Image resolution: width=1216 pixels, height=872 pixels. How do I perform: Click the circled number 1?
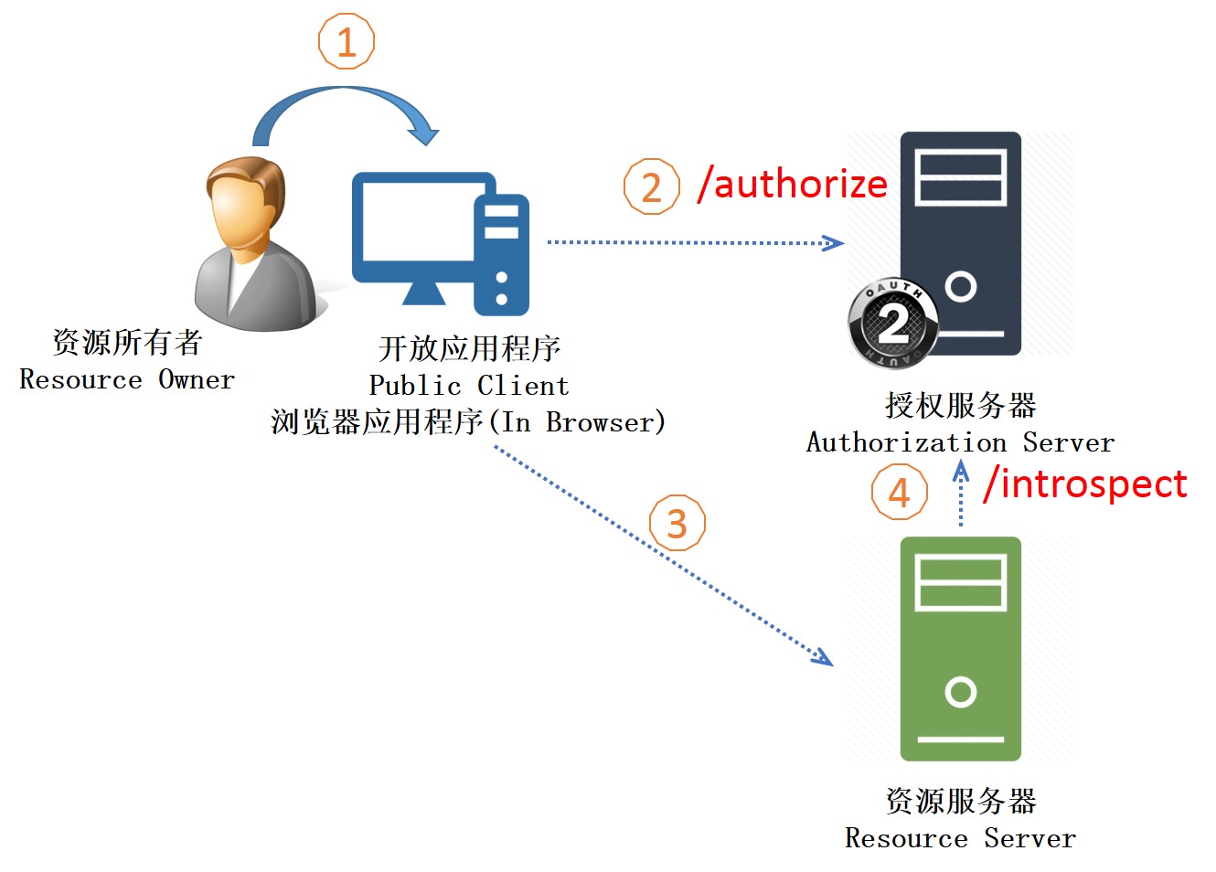point(346,41)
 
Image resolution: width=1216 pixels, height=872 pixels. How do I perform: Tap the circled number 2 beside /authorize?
point(651,186)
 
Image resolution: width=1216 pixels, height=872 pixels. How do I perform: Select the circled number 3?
point(677,523)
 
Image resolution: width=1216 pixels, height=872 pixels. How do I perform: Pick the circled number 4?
point(899,492)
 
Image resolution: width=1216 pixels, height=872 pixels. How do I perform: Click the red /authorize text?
point(793,184)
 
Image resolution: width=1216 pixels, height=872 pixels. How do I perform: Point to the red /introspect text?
point(1085,484)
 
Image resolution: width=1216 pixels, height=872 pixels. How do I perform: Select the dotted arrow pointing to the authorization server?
point(696,242)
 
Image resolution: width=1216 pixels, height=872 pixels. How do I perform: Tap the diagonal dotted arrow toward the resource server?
point(664,555)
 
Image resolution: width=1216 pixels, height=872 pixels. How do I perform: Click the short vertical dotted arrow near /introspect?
point(961,493)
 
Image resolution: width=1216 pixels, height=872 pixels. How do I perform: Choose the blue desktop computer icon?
point(441,244)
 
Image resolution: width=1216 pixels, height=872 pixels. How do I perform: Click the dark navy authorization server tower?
point(960,243)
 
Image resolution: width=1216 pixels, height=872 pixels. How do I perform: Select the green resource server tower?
point(960,648)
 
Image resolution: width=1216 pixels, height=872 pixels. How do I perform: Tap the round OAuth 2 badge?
point(893,324)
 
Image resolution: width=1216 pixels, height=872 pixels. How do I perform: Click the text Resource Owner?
point(127,378)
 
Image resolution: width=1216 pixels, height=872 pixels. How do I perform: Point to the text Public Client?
point(469,385)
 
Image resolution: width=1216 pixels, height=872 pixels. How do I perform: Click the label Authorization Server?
point(960,441)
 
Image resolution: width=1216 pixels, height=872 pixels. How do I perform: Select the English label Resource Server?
point(960,838)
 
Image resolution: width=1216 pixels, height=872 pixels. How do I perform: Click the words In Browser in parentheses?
point(578,422)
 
